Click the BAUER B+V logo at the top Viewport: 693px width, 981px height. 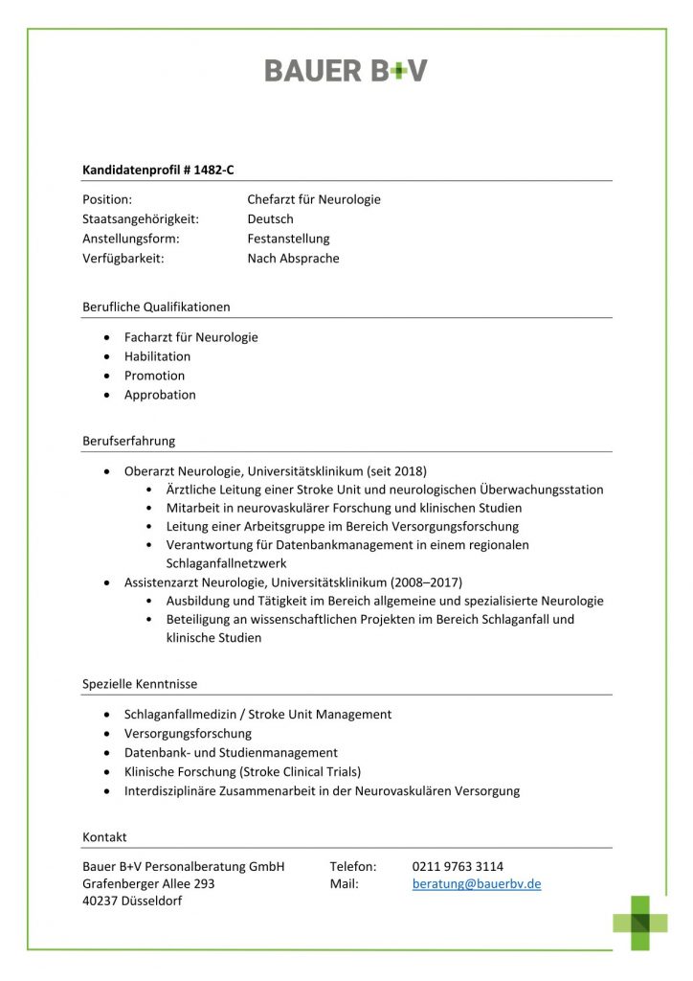point(346,71)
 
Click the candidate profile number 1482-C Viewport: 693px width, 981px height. point(213,170)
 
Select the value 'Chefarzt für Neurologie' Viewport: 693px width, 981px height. point(314,199)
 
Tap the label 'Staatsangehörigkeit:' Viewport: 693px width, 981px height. point(141,219)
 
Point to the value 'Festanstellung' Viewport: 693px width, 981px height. point(288,239)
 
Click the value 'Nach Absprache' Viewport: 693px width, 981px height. point(293,259)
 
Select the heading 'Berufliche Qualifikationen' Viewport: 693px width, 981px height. point(156,308)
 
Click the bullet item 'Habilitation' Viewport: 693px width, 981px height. point(157,356)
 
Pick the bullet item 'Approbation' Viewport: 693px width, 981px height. point(160,395)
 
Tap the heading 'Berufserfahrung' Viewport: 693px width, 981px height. point(128,442)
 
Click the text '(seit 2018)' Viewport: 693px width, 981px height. point(396,471)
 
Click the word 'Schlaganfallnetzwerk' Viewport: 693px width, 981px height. point(226,563)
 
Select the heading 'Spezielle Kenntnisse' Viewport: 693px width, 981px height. point(140,684)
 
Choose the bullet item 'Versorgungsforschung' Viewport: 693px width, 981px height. point(188,734)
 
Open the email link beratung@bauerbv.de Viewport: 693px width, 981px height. point(477,884)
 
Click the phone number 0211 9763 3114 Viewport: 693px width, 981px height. point(458,866)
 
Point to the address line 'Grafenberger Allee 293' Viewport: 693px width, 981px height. point(148,884)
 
